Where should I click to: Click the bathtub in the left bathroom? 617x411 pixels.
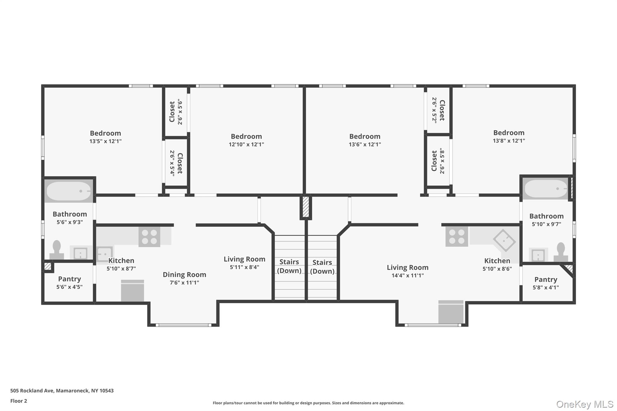tap(68, 191)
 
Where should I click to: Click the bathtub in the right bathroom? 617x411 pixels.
tap(546, 189)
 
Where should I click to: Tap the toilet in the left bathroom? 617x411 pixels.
tap(57, 250)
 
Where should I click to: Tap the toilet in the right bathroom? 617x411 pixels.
tap(561, 252)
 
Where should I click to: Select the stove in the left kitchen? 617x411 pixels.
tap(149, 237)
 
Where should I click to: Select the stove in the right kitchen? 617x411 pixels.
tap(457, 236)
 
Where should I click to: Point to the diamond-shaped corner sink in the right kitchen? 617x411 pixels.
tap(505, 240)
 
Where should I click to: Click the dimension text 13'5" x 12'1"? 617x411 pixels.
tap(105, 141)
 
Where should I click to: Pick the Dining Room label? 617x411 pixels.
tap(184, 275)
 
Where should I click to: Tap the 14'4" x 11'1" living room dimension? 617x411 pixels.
tap(408, 276)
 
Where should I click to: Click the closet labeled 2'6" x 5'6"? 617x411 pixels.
tap(176, 112)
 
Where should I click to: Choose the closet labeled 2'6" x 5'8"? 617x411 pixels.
tap(438, 161)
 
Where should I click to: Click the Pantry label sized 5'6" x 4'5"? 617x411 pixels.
tap(70, 279)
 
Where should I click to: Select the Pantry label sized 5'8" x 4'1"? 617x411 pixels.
tap(546, 280)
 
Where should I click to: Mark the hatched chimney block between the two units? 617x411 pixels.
tap(305, 207)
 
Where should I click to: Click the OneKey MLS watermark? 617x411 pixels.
tap(585, 404)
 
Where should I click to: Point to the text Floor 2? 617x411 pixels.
tap(19, 401)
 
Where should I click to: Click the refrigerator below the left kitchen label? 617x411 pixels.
tap(133, 291)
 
